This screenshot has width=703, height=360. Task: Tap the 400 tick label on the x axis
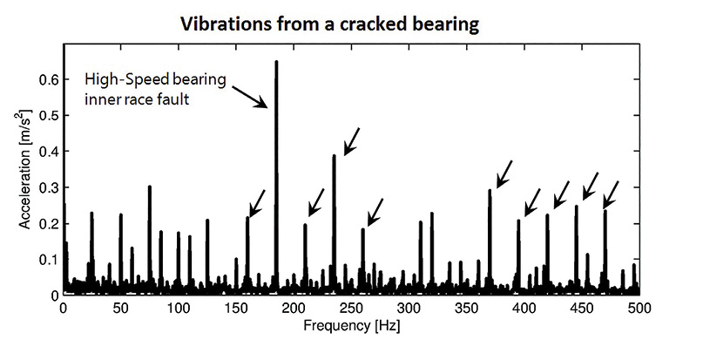coord(524,309)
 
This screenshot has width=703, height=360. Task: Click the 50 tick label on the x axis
coord(120,309)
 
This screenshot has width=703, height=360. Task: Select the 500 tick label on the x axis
coord(639,309)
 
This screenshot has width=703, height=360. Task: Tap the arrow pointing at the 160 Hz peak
coord(257,202)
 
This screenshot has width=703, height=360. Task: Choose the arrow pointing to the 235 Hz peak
coord(351,141)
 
